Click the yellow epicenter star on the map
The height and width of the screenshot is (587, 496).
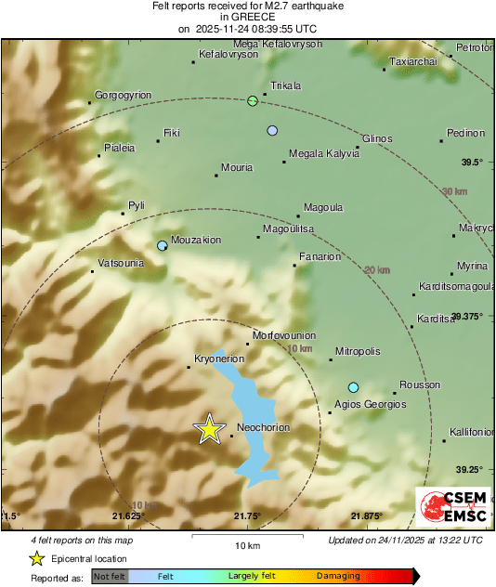click(209, 429)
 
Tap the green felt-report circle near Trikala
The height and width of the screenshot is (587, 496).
click(253, 101)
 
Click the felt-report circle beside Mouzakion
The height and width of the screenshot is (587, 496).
click(163, 246)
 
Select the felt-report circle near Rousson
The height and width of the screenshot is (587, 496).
click(353, 387)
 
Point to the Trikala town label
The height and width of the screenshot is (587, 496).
click(285, 85)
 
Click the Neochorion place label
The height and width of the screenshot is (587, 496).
click(265, 427)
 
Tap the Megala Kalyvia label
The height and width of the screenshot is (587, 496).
click(324, 153)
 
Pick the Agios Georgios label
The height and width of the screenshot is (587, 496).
click(371, 404)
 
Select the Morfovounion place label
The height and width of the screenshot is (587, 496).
click(286, 335)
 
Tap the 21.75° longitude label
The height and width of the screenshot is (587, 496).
click(247, 515)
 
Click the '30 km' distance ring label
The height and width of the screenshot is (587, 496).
click(454, 191)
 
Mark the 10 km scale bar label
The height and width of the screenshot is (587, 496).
click(247, 544)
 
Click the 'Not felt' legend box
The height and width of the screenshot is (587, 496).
click(109, 576)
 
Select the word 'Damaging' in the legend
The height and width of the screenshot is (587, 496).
click(337, 576)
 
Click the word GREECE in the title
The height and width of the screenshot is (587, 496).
click(247, 17)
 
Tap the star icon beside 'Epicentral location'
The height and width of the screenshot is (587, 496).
click(36, 558)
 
